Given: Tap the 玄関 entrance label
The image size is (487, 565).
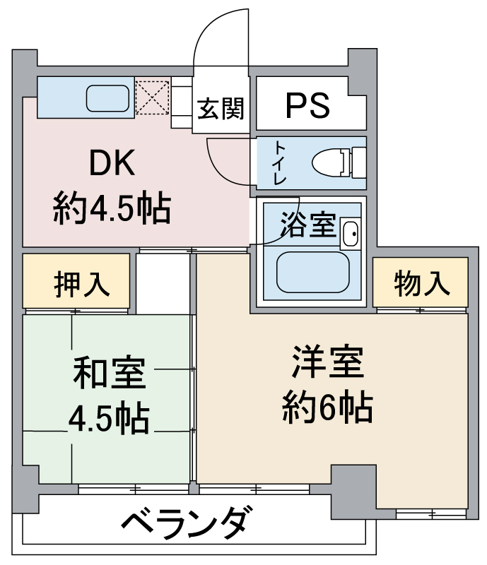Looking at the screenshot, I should click(221, 109).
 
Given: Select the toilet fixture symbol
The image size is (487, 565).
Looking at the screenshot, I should click(338, 162).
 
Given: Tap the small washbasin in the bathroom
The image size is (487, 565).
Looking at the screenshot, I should click(351, 234).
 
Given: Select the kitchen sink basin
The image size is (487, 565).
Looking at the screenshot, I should click(108, 98).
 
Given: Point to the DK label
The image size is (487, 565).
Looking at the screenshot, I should click(111, 165).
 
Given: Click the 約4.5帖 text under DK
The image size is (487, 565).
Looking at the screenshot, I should click(111, 208).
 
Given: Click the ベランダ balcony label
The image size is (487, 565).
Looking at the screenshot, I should click(186, 523).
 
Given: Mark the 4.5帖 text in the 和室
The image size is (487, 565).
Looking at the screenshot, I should click(109, 420).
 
